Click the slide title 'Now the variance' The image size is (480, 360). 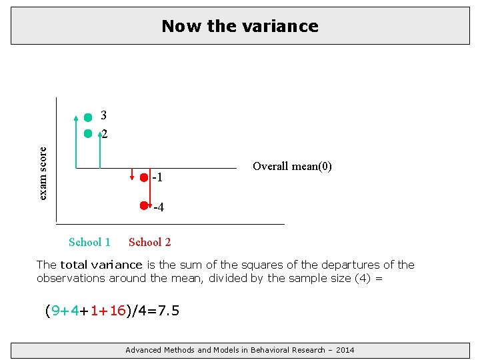tap(240, 26)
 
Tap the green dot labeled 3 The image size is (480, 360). tap(88, 117)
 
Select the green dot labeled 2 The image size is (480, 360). tap(88, 133)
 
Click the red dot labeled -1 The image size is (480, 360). tap(144, 177)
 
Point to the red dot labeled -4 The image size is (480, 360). tap(143, 206)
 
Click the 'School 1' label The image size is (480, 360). tap(89, 242)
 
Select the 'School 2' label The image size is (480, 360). tap(149, 242)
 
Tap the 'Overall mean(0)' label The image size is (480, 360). tap(292, 166)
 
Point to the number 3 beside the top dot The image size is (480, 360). tap(104, 115)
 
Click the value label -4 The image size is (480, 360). tap(159, 208)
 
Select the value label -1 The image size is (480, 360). tap(157, 178)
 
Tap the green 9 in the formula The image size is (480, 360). tap(56, 311)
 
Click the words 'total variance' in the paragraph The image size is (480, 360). tap(101, 265)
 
